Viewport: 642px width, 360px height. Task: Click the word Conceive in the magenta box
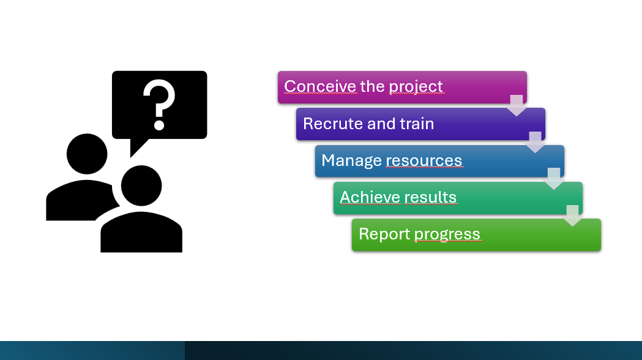click(x=320, y=86)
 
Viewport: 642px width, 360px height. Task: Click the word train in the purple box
click(x=417, y=124)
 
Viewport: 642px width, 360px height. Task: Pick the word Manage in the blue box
click(x=351, y=161)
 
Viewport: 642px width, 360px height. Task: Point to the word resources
click(x=424, y=160)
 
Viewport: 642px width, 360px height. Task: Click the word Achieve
click(x=370, y=197)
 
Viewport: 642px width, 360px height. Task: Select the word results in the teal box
click(x=430, y=197)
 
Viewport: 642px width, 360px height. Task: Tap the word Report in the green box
click(x=384, y=234)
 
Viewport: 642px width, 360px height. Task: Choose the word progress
click(x=447, y=234)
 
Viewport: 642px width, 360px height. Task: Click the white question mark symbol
click(x=159, y=105)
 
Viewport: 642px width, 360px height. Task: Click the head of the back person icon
click(x=87, y=154)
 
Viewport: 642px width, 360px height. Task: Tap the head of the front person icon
click(x=141, y=186)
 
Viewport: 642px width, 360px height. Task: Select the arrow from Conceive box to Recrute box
click(x=517, y=105)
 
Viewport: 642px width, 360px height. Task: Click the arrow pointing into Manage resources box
click(x=535, y=142)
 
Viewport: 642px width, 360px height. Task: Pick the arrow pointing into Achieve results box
click(x=553, y=179)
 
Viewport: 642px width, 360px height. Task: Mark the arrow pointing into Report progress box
click(x=572, y=216)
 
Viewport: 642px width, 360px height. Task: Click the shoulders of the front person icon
click(x=141, y=233)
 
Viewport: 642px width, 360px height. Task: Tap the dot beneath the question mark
click(x=159, y=124)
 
